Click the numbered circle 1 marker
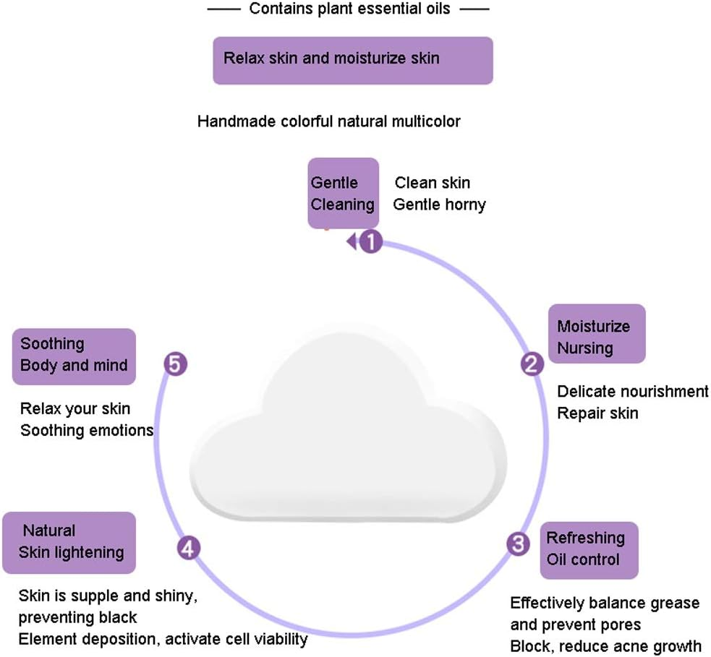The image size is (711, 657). click(370, 241)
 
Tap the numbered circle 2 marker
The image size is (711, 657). click(532, 364)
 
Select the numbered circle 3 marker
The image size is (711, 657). click(518, 544)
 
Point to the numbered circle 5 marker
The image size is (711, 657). click(175, 364)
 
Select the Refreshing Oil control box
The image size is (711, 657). click(589, 549)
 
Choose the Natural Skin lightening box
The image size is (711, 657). click(69, 542)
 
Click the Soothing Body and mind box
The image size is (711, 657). click(74, 356)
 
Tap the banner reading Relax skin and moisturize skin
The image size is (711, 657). click(352, 61)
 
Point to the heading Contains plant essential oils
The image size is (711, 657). click(349, 9)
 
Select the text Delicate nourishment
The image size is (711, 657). click(632, 392)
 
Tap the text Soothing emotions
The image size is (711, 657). click(87, 431)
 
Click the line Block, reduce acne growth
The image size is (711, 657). click(605, 645)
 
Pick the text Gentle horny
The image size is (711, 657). click(439, 205)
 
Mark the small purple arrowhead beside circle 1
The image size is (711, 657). click(352, 241)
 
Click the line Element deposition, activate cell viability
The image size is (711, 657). click(163, 639)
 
